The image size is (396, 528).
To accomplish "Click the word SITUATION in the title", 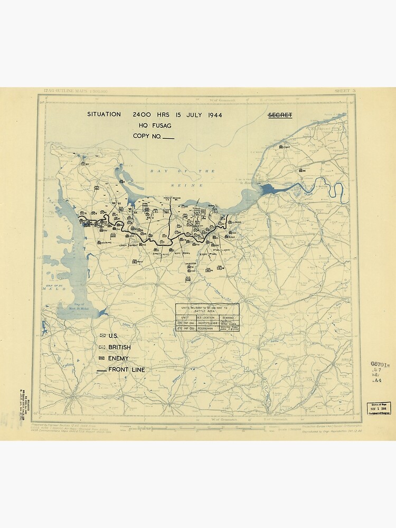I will coord(104,115).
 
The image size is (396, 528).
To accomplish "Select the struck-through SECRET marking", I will coord(280,115).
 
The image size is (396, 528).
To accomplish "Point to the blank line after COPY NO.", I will coord(168,137).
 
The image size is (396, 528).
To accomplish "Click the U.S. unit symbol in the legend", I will coord(102,336).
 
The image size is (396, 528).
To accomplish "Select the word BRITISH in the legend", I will coord(119,347).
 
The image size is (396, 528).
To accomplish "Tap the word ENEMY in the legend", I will coord(118,358).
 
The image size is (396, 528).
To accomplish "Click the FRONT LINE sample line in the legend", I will coord(101,370).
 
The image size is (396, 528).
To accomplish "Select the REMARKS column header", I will coord(229,317).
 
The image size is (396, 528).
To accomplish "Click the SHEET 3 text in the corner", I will coord(345,91).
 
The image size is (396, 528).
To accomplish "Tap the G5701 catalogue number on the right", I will coord(380,364).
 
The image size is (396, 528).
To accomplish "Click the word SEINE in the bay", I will coord(179,185).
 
